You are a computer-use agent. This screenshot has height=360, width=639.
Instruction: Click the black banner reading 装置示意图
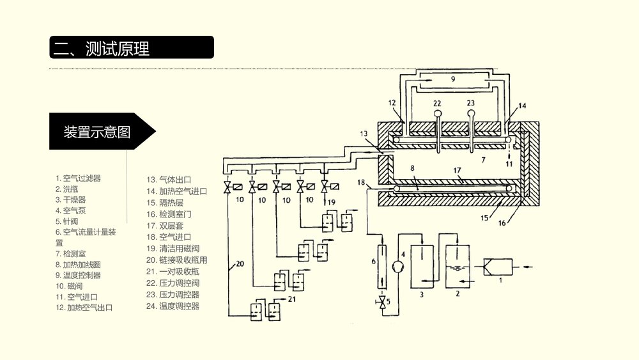[97, 132]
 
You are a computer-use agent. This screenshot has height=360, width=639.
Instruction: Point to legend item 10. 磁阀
[69, 286]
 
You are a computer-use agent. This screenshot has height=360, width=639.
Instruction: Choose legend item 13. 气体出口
[169, 180]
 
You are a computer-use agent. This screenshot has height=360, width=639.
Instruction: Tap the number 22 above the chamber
[437, 103]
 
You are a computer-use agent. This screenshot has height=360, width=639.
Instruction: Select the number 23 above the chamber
[472, 103]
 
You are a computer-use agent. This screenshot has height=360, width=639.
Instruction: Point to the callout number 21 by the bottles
[292, 299]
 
